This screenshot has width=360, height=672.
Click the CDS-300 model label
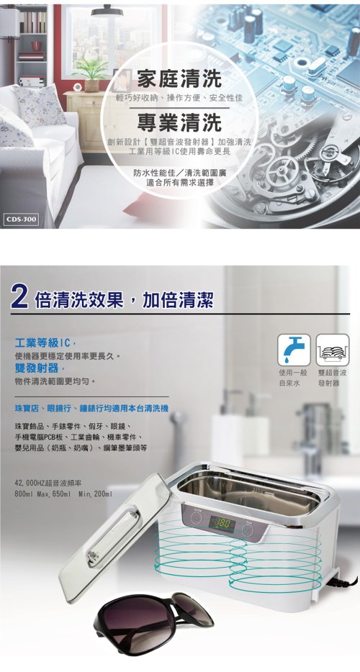coord(22,220)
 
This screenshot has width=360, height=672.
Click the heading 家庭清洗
coord(179,79)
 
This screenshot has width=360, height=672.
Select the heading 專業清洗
coord(179,122)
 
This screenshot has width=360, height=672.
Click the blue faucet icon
coord(294,350)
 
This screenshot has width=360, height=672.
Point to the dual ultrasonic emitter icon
coord(333,350)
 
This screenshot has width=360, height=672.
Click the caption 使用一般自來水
coord(294,378)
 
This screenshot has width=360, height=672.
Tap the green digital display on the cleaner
coord(222,523)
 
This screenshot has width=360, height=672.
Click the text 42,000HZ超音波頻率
coord(48,483)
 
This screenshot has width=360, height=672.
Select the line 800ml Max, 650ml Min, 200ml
coord(63,494)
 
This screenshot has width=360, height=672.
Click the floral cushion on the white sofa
coord(40,104)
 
